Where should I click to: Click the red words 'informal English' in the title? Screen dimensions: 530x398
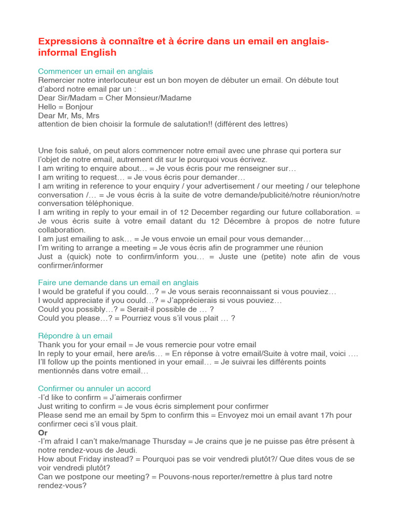[x=77, y=53]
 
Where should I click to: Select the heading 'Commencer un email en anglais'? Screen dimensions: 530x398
[x=95, y=71]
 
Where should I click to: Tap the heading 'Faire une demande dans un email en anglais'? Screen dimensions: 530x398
[x=118, y=283]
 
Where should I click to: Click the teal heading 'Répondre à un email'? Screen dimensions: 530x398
[x=75, y=336]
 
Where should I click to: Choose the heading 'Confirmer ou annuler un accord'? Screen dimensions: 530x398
[x=94, y=389]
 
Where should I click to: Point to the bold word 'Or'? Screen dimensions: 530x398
[x=42, y=433]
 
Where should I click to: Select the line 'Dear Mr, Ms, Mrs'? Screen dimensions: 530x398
[x=69, y=115]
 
